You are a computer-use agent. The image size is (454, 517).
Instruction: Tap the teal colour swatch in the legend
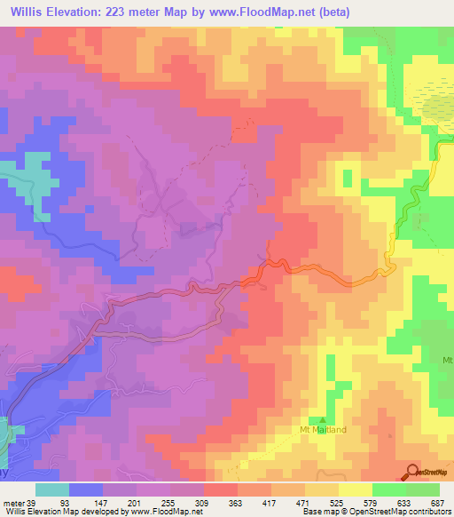pyautogui.click(x=52, y=490)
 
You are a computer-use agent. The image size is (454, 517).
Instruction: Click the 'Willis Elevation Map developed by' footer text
pyautogui.click(x=62, y=511)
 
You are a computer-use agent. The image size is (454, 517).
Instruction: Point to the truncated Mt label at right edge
pyautogui.click(x=447, y=360)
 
